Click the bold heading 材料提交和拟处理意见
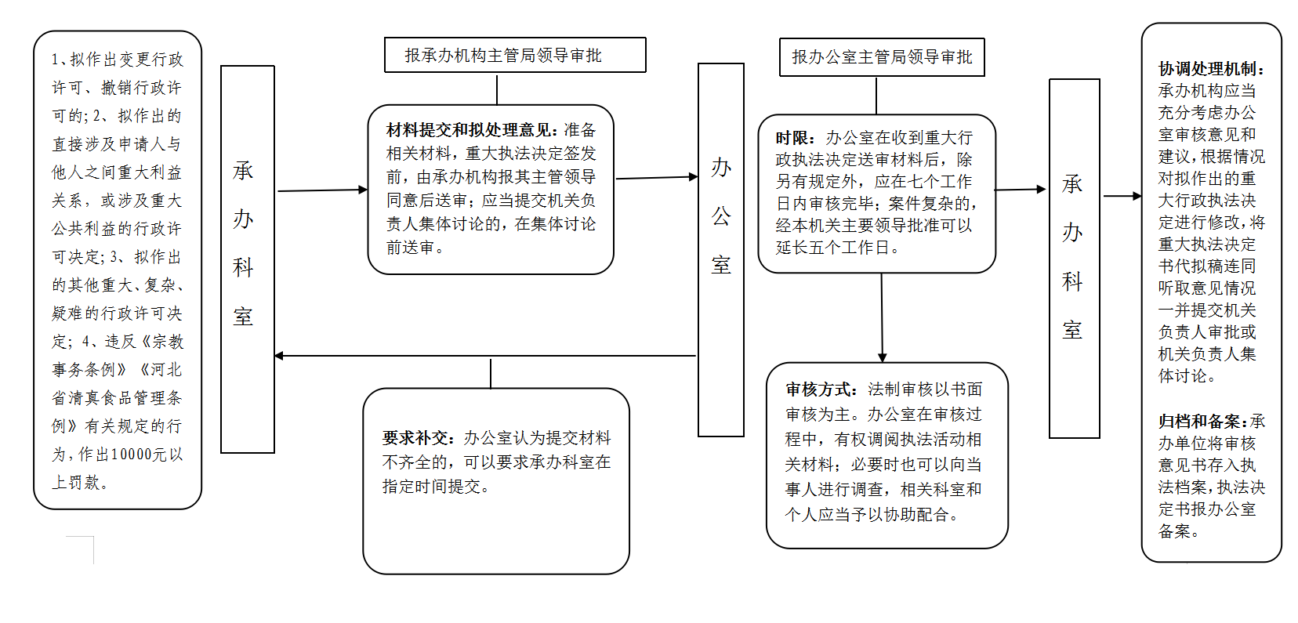pyautogui.click(x=472, y=130)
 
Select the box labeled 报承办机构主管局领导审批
pyautogui.click(x=515, y=55)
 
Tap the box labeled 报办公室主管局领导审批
pyautogui.click(x=882, y=56)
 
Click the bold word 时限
pyautogui.click(x=795, y=138)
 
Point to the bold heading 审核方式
pyautogui.click(x=821, y=389)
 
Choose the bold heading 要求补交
pyautogui.click(x=417, y=438)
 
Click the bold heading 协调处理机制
pyautogui.click(x=1211, y=69)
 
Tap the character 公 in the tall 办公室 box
pyautogui.click(x=721, y=216)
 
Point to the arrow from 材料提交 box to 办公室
pyautogui.click(x=657, y=177)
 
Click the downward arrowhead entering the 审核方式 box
pyautogui.click(x=882, y=357)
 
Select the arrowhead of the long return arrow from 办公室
pyautogui.click(x=279, y=356)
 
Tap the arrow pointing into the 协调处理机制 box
pyautogui.click(x=1122, y=196)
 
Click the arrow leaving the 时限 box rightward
pyautogui.click(x=1020, y=190)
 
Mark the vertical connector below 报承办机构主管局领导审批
pyautogui.click(x=497, y=89)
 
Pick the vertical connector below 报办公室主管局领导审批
pyautogui.click(x=876, y=96)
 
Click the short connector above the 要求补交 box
pyautogui.click(x=490, y=374)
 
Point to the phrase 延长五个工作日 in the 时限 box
pyautogui.click(x=832, y=248)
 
